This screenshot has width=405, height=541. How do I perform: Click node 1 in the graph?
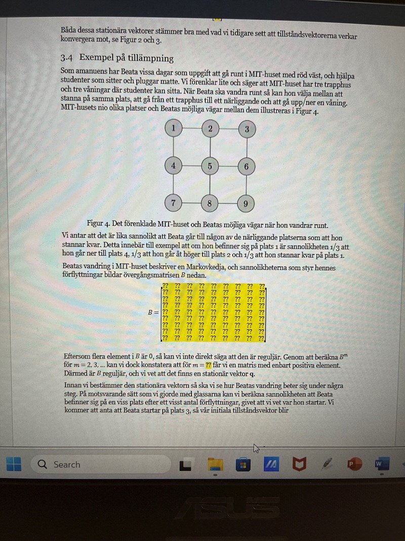174,128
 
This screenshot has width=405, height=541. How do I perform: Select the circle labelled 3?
247,129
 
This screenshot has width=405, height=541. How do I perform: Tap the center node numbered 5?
210,166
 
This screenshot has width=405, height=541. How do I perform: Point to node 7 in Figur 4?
173,203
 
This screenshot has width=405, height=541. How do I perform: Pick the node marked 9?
246,204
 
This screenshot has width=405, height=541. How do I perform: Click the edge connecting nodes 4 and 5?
191,166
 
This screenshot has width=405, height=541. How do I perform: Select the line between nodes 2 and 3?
228,129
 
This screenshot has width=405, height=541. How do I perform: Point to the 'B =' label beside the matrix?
153,312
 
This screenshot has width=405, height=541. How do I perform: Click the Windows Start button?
14,464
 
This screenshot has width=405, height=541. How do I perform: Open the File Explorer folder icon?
216,464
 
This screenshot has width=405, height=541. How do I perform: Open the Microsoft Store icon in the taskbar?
244,464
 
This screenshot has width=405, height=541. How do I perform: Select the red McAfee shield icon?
300,463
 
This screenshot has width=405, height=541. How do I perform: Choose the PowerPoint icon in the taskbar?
353,463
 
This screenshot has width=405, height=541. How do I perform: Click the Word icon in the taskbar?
380,463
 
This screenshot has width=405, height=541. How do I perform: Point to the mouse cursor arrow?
256,448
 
